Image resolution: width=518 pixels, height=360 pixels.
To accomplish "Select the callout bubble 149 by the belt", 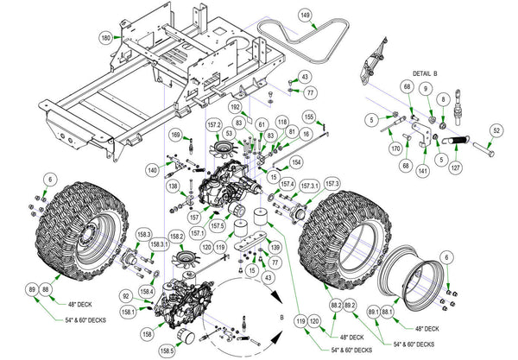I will tap(305, 15).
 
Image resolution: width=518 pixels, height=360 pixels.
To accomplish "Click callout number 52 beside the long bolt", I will tap(496, 130).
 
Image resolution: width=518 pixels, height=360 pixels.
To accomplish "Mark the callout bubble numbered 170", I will tap(395, 148).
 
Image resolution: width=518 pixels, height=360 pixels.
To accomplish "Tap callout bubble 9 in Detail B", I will tap(425, 88).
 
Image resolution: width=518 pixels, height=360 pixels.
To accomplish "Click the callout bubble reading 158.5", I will tap(166, 349).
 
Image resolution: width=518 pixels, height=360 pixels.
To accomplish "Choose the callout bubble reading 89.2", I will tap(350, 306).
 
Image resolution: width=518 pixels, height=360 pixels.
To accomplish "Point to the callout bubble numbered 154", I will tap(296, 161).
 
